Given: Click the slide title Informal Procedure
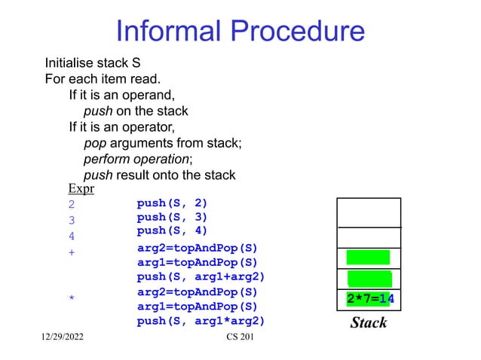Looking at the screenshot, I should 240,32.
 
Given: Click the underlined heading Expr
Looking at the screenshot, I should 81,188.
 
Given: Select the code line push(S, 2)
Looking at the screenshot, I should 172,203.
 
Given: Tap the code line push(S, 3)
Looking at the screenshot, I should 172,217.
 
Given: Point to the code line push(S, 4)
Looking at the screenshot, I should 172,230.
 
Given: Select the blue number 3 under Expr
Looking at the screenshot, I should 72,221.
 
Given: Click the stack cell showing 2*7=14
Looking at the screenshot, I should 369,299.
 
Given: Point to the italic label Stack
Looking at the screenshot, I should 369,323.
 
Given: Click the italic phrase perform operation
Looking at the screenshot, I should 136,160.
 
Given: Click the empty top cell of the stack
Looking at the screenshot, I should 369,212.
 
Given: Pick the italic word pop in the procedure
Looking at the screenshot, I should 93,144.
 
